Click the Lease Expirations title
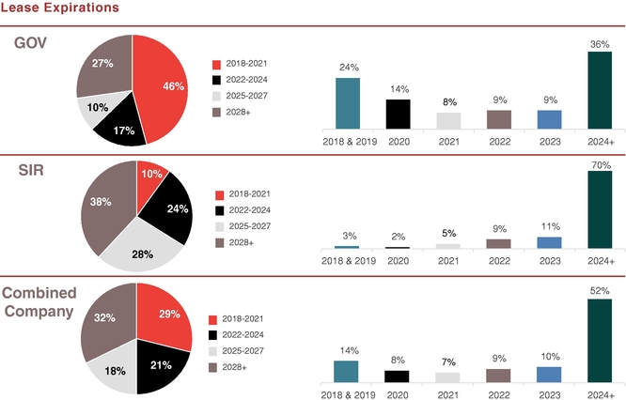pos(60,8)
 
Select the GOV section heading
pos(31,43)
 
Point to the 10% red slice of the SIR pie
pos(150,176)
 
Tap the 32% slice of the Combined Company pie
pos(105,319)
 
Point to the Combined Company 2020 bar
pos(398,376)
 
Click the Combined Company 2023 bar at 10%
pos(549,374)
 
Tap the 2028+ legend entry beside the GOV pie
pos(241,112)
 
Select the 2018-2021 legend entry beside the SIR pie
pos(243,194)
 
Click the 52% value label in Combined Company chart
pos(600,291)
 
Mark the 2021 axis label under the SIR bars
pos(448,259)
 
